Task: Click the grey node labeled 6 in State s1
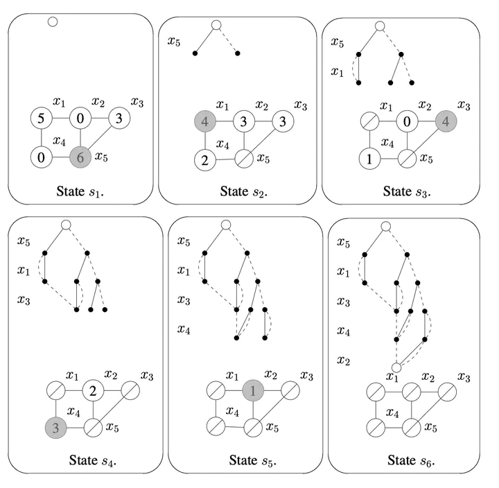tap(80, 157)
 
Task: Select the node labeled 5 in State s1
tap(41, 119)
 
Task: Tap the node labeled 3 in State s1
tap(119, 119)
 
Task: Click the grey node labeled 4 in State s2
tap(206, 122)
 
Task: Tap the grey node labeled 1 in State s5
tap(254, 390)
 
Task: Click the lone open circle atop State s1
tap(52, 21)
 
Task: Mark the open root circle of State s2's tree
tap(216, 26)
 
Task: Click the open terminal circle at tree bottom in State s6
tap(396, 367)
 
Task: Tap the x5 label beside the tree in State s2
tap(175, 42)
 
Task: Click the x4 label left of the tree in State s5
tap(184, 329)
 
